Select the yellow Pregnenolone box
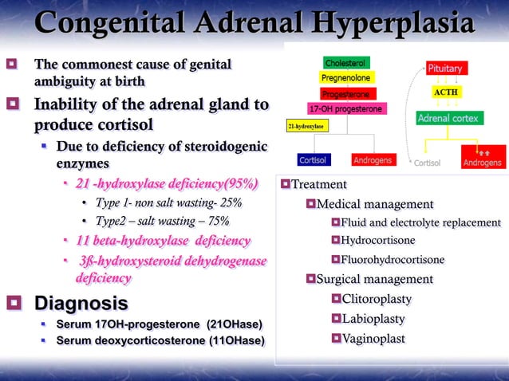pos(345,78)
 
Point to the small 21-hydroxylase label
pos(306,126)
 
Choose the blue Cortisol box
pos(312,160)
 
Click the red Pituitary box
pos(445,69)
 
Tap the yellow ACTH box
pos(445,92)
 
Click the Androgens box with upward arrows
pos(483,159)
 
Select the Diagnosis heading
pos(81,304)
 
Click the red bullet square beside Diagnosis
pos(14,304)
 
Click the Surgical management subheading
pos(374,280)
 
